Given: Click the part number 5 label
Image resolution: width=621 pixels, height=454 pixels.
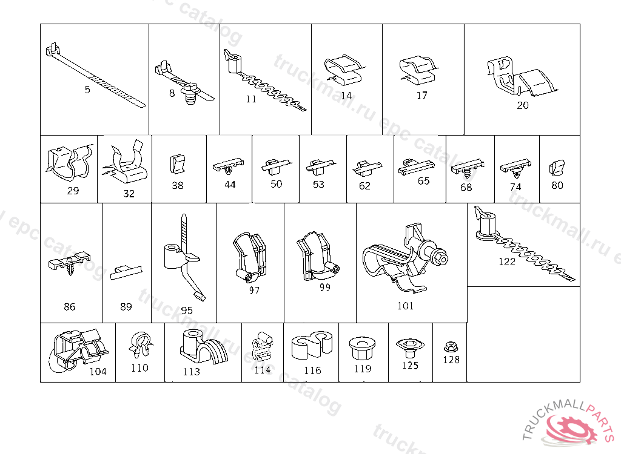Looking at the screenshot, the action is pos(87,90).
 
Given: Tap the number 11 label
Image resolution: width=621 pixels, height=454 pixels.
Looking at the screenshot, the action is pos(251,100).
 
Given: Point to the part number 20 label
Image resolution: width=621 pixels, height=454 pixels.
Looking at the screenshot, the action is pos(523,105).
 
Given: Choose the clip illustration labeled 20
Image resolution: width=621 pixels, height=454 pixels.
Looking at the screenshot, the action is pos(522,76).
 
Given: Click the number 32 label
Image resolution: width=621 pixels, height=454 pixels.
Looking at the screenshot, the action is pos(129,194).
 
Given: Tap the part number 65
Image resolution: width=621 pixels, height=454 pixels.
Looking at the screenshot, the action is pos(423,181).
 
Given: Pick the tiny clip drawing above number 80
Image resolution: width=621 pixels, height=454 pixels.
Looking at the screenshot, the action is pos(557,167).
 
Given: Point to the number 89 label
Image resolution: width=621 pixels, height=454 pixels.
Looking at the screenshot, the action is pos(126,307).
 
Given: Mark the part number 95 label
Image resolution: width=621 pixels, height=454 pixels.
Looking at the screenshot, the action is pos(187,311).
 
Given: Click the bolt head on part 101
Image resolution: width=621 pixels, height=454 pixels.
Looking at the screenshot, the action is pos(441,257).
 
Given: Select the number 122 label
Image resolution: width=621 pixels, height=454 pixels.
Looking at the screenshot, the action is pos(506,262).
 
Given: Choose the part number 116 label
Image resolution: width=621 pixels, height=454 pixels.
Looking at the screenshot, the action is pos(312,370).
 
